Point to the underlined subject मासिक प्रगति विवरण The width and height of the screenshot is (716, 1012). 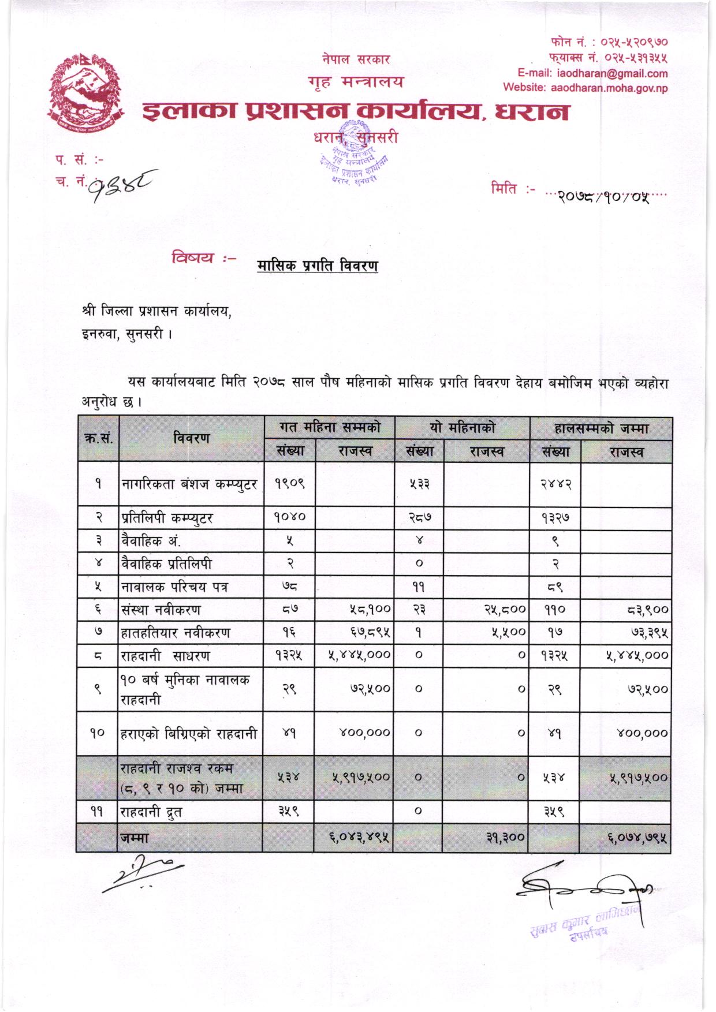pyautogui.click(x=317, y=266)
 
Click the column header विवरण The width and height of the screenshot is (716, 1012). pyautogui.click(x=191, y=438)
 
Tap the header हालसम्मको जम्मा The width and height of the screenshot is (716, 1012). pyautogui.click(x=601, y=428)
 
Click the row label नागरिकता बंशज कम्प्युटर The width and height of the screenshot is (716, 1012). pyautogui.click(x=190, y=484)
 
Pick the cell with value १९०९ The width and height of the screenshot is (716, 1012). pyautogui.click(x=289, y=484)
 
